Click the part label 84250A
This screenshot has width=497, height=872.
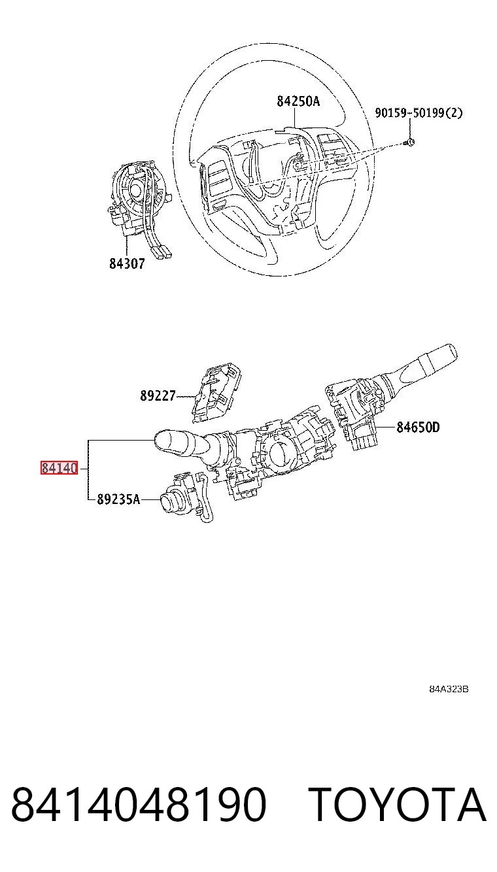(298, 101)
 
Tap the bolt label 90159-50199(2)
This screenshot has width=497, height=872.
(419, 113)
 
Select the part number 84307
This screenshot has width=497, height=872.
(127, 263)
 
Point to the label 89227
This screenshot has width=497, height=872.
(158, 396)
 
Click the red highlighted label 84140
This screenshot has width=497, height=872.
(60, 467)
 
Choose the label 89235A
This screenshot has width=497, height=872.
(118, 499)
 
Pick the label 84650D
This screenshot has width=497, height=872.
(418, 428)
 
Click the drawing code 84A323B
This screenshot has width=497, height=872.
(449, 689)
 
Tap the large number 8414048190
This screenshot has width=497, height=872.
(139, 805)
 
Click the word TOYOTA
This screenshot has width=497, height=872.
(398, 805)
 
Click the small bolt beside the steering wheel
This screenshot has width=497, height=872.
(409, 143)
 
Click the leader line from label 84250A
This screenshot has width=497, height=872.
(295, 118)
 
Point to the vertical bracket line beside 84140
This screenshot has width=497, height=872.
(88, 469)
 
